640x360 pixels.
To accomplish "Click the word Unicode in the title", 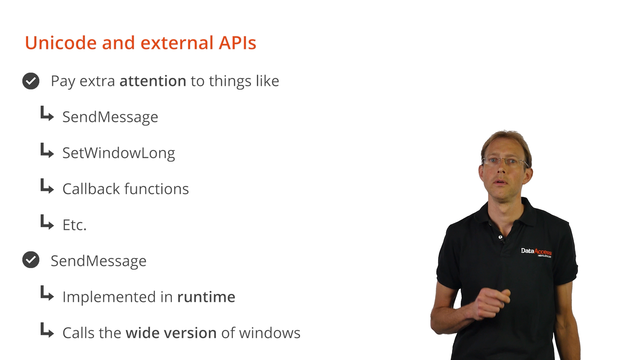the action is coord(61,43).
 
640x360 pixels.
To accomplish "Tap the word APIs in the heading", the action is coord(237,43).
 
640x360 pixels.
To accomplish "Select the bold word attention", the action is coord(153,81).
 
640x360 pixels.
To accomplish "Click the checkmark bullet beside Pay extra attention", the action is coord(31,81).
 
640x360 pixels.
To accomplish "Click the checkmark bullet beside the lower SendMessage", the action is coord(31,260).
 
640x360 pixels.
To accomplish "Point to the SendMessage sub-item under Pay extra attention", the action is coord(110,117).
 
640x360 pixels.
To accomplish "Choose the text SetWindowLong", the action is coord(119,153).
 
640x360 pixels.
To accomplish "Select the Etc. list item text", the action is coord(74,225).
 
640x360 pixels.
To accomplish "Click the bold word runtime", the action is coord(206,297).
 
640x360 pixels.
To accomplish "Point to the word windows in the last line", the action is coord(270,333).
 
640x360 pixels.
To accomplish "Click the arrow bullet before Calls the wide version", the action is coord(47,330).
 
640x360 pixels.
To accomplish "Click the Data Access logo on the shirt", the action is coord(536,252).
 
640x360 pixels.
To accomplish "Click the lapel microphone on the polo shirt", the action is coord(500,237).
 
